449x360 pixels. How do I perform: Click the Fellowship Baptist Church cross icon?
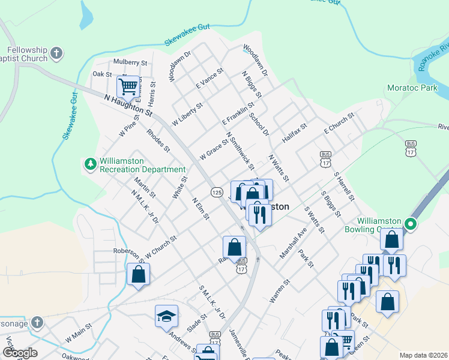[x=56, y=53]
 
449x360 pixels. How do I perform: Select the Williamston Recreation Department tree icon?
[x=90, y=163]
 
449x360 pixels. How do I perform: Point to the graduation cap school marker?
[x=166, y=316]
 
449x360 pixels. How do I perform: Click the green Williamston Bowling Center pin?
[x=411, y=225]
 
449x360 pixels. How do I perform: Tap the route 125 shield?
[x=217, y=191]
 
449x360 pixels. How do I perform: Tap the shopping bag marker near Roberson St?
[x=138, y=274]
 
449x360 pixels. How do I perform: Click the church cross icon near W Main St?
[x=37, y=322]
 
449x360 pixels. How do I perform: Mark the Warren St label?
[x=280, y=290]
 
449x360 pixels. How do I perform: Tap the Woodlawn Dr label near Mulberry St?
[x=179, y=65]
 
